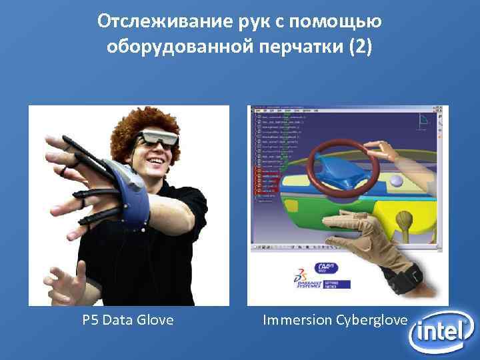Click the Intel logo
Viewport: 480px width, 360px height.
click(x=441, y=332)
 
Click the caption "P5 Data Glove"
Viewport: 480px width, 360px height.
click(x=128, y=321)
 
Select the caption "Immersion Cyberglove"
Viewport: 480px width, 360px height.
click(x=335, y=321)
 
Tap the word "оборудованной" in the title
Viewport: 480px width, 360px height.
click(x=181, y=48)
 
